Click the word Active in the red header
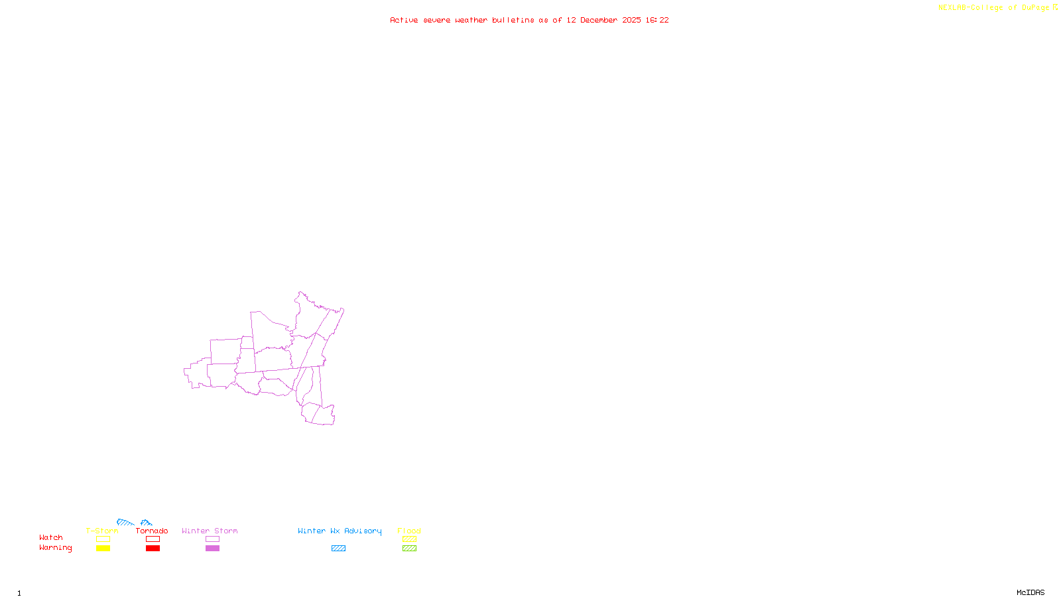pos(404,20)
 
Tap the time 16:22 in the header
pos(657,20)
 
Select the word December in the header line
pos(599,20)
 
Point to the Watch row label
pos(51,537)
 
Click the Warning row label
pos(55,548)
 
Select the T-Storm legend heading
pos(102,531)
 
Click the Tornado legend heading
pos(152,531)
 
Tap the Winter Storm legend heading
pos(210,531)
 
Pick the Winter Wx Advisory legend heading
pos(340,531)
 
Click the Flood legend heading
pos(409,531)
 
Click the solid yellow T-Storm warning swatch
pos(103,549)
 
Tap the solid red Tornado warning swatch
pos(153,549)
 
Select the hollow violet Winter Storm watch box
pos(212,539)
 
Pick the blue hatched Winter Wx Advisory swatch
pos(338,549)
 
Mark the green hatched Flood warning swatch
pos(409,549)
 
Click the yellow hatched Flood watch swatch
pos(409,539)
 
